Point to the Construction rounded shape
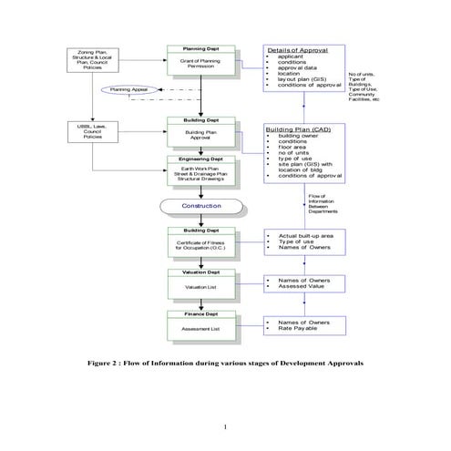coord(202,205)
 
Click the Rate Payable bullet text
coord(301,329)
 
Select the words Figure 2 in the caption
coord(104,362)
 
